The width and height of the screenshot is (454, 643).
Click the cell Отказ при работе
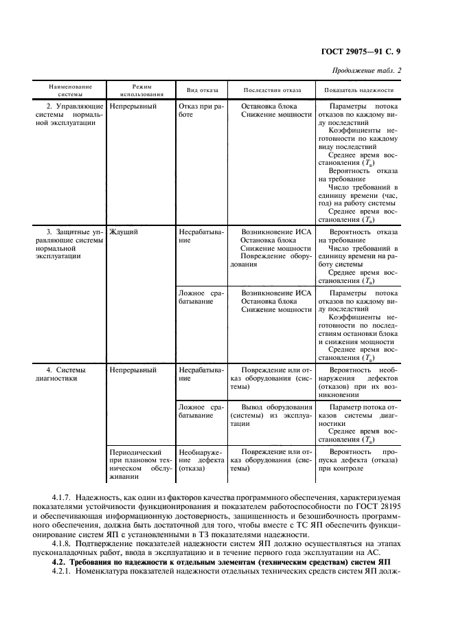tap(200, 111)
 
